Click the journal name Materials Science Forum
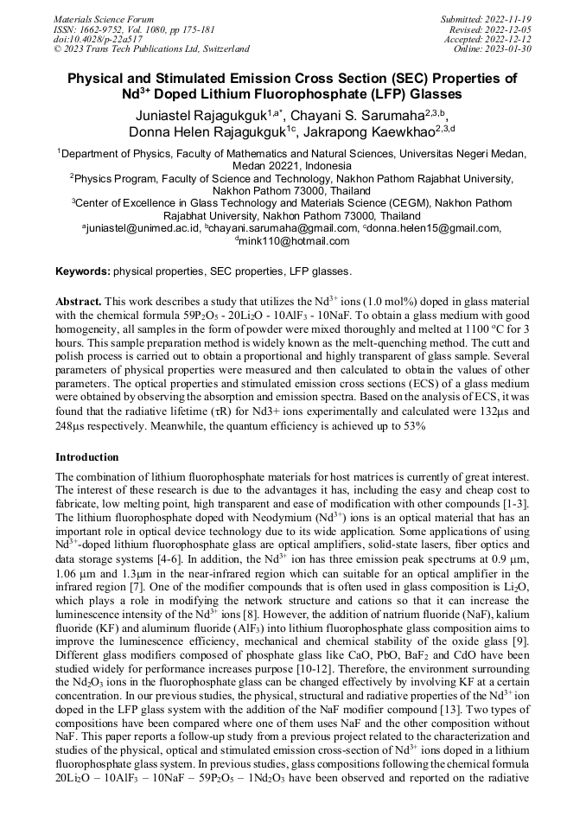click(x=104, y=18)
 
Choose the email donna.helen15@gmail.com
click(x=433, y=228)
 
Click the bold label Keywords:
click(x=83, y=271)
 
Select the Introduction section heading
click(x=87, y=456)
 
